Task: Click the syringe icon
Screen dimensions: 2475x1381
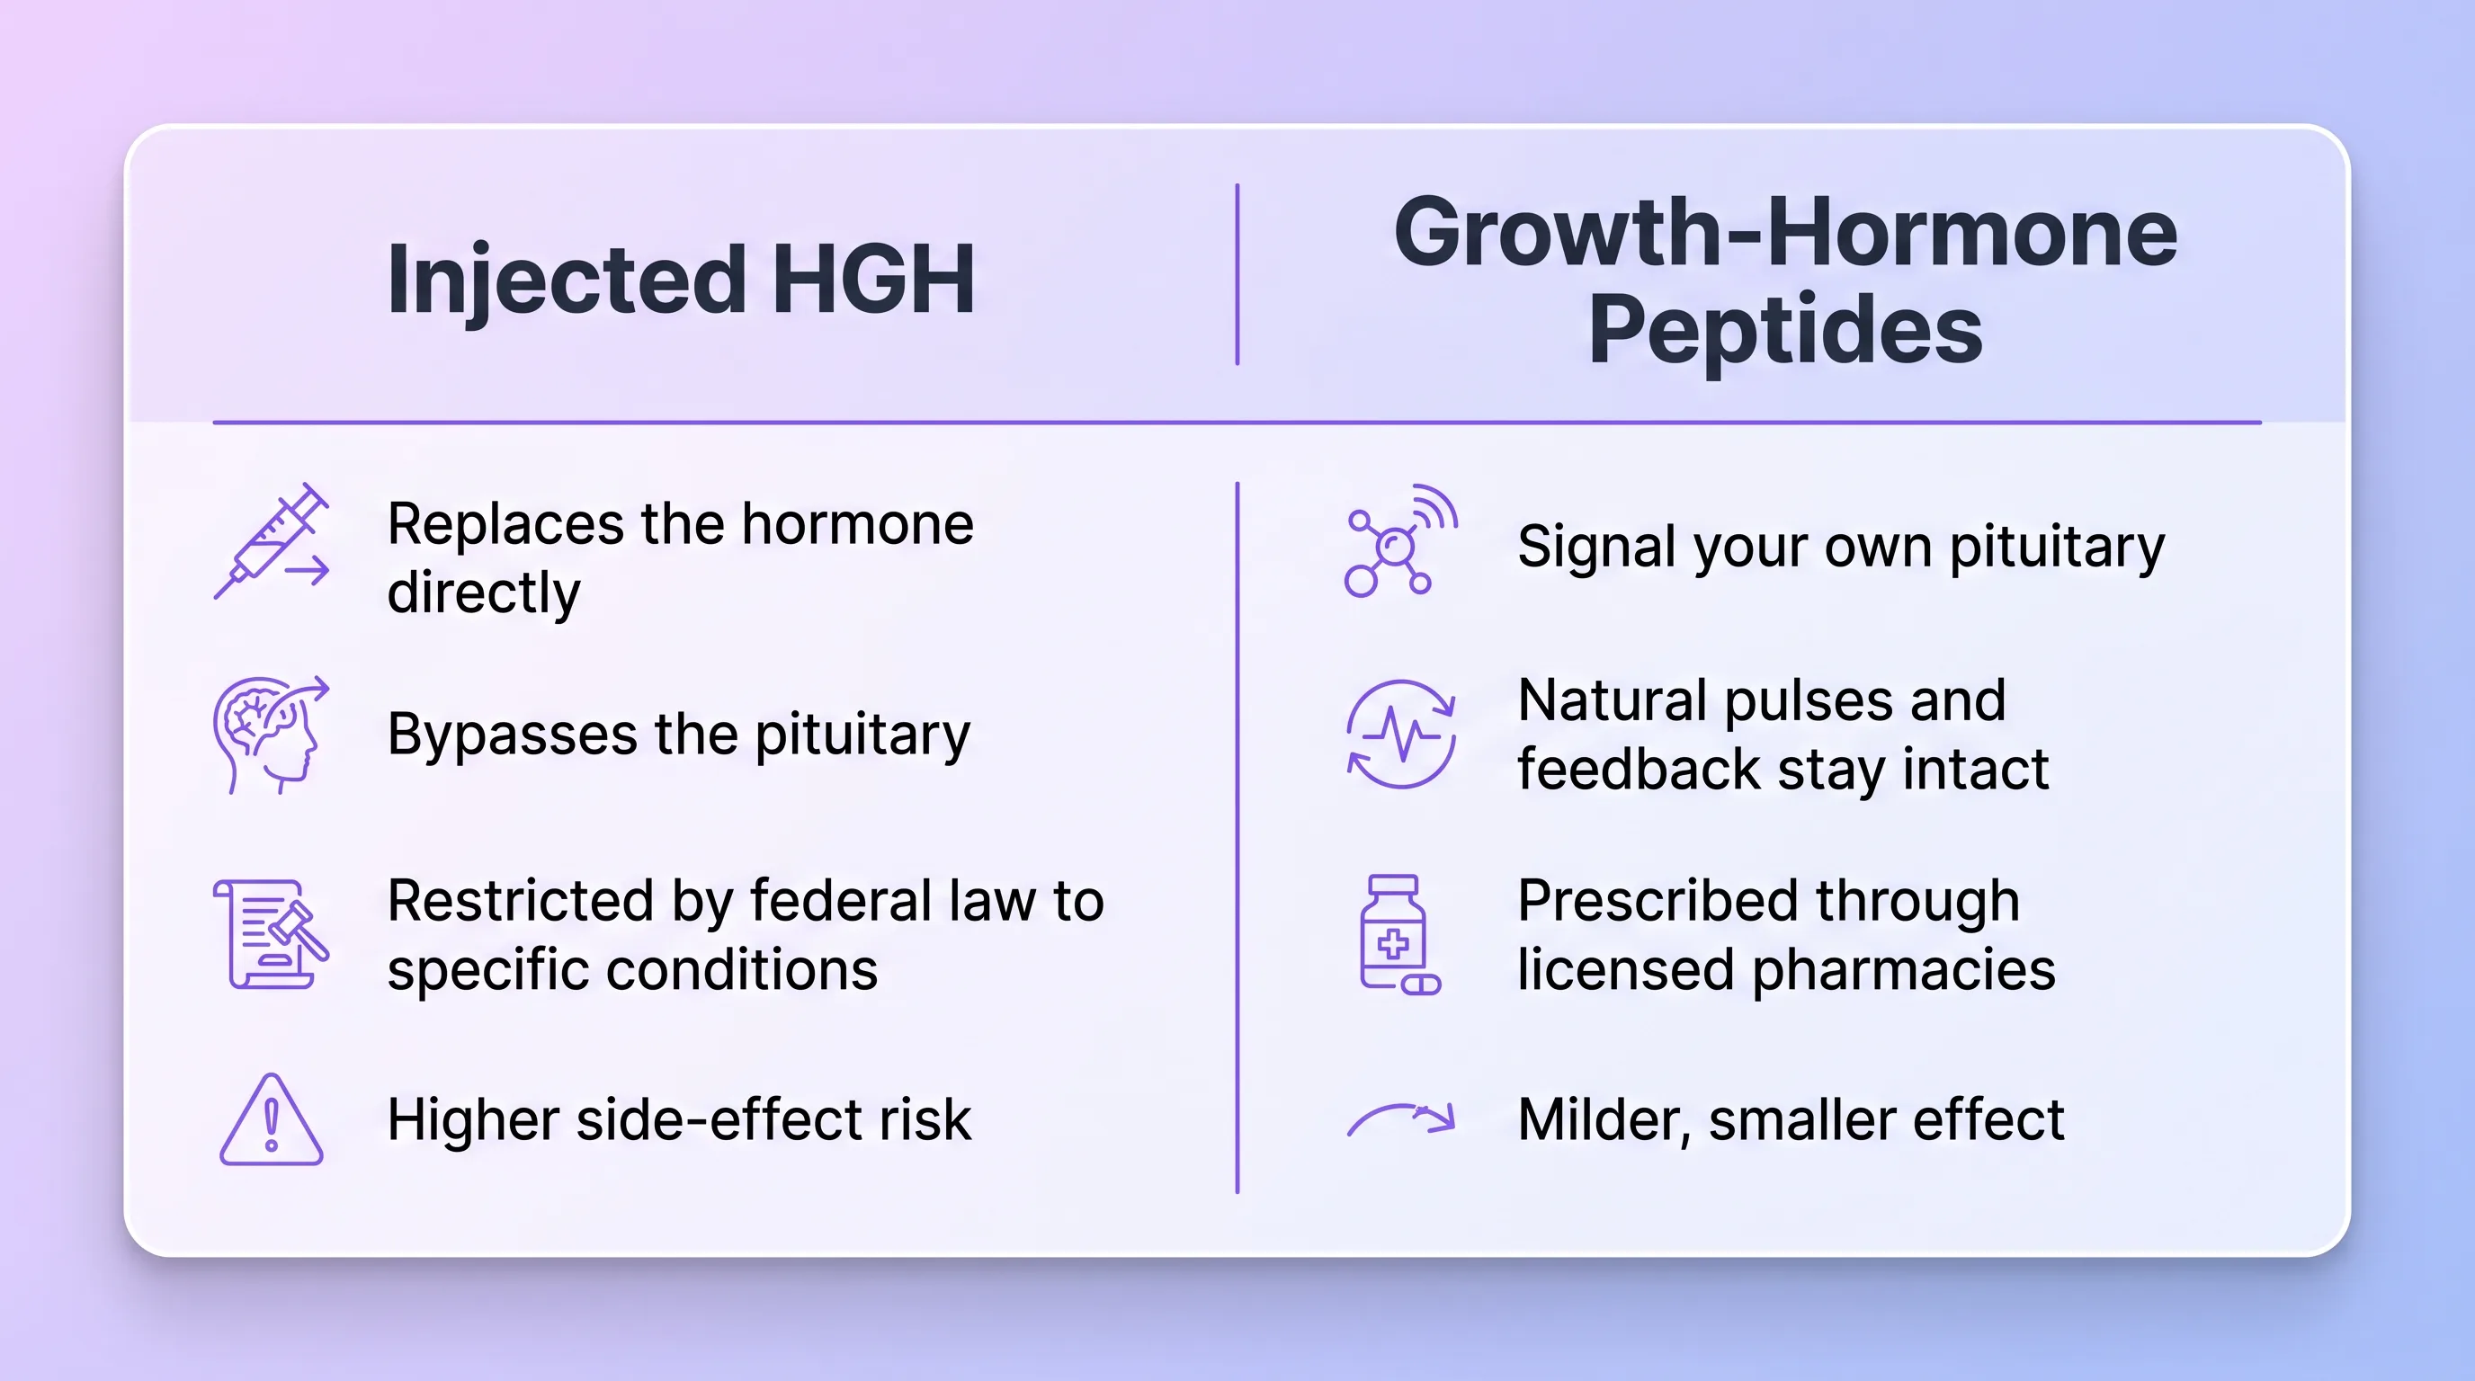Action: pyautogui.click(x=272, y=540)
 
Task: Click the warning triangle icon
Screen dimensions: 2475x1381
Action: pyautogui.click(x=272, y=1119)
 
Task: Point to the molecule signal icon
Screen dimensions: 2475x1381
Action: pyautogui.click(x=1401, y=540)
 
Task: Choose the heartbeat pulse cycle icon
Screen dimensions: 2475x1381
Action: pyautogui.click(x=1401, y=735)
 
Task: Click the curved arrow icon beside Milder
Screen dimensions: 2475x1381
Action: pyautogui.click(x=1401, y=1118)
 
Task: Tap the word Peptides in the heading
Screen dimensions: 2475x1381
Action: pyautogui.click(x=1785, y=332)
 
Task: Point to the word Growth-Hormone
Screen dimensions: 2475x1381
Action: pyautogui.click(x=1785, y=231)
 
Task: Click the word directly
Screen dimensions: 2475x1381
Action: pyautogui.click(x=484, y=593)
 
